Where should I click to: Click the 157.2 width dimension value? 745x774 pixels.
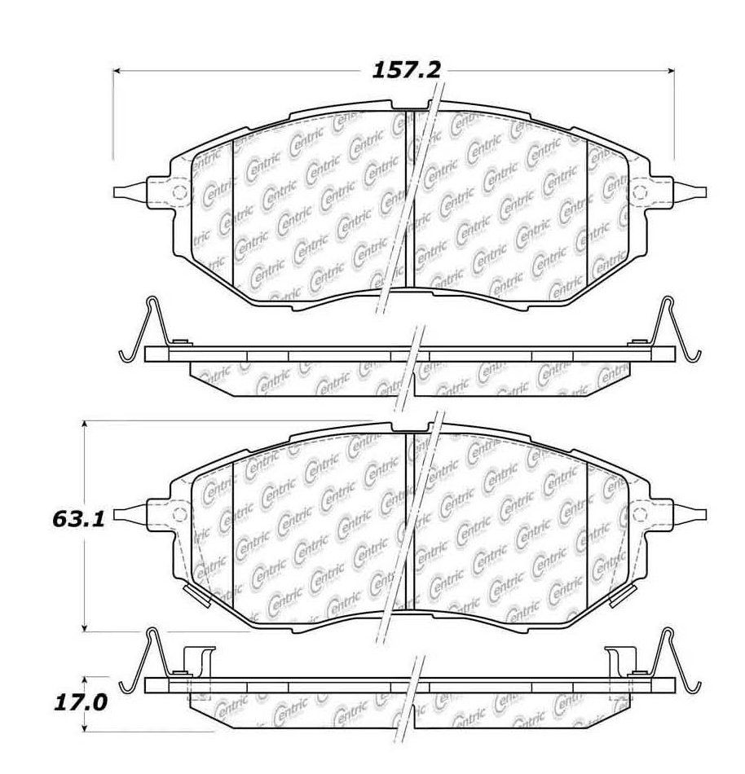pos(405,70)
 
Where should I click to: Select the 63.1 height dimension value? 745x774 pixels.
pos(78,519)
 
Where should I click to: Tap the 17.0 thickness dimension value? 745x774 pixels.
pos(80,703)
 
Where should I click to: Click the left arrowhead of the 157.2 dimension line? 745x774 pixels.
pos(117,71)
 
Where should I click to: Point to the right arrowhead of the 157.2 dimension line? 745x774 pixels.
pos(671,71)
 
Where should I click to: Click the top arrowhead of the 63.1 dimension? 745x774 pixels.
pos(86,424)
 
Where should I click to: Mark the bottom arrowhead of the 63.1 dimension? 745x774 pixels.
pos(86,627)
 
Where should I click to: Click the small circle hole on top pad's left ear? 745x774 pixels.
pos(179,192)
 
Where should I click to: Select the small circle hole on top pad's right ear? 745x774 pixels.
pos(639,192)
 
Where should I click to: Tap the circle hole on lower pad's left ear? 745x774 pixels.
pos(179,515)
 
